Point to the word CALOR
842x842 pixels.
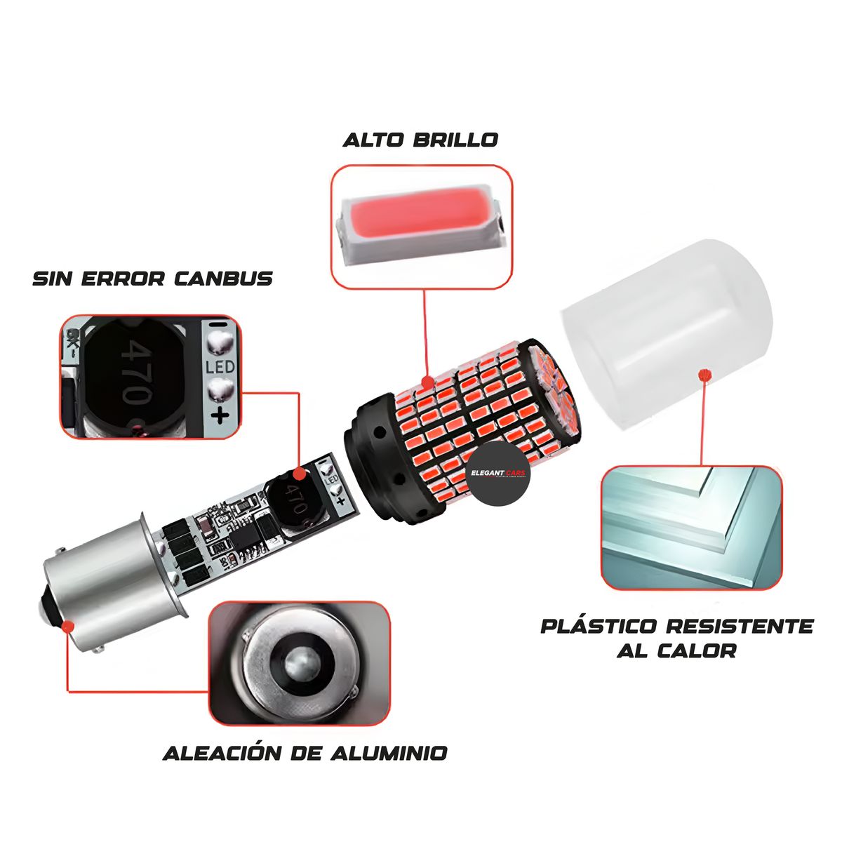tap(697, 650)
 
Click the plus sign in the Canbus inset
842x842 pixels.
tap(220, 415)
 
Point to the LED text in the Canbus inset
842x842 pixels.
tap(220, 366)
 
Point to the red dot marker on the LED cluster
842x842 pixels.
tap(425, 383)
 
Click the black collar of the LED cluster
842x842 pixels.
tap(372, 456)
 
